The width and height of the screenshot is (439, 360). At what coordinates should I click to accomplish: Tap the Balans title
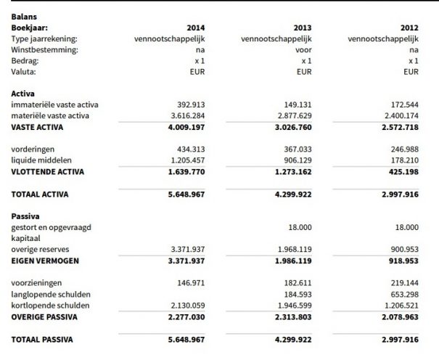click(x=23, y=15)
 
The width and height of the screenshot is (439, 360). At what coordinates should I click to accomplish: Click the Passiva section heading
click(x=26, y=216)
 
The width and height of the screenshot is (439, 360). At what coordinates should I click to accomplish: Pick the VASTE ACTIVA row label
click(x=38, y=127)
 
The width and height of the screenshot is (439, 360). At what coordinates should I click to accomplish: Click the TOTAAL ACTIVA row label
click(x=40, y=194)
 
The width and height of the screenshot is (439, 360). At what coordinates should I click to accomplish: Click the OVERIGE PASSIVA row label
click(x=44, y=316)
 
